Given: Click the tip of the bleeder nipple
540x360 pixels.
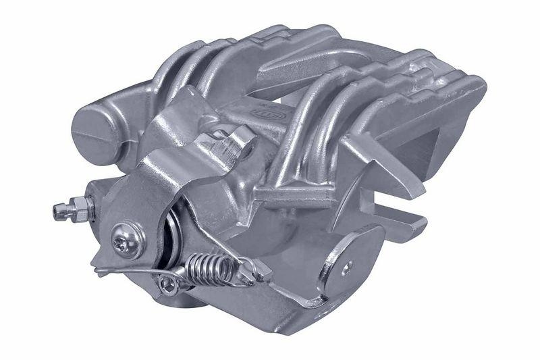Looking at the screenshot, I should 56,212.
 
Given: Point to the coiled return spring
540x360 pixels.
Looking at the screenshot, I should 211,267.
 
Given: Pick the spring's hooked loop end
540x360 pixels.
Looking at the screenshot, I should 251,276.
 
